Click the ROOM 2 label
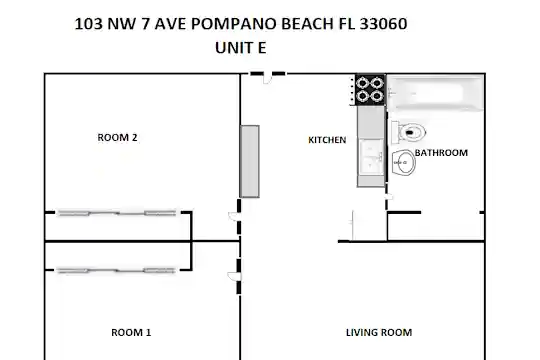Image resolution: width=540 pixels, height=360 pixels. click(x=117, y=137)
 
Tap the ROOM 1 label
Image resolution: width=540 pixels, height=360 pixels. click(x=131, y=332)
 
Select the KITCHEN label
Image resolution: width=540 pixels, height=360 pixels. click(x=327, y=140)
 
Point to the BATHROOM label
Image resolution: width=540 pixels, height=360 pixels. click(x=441, y=153)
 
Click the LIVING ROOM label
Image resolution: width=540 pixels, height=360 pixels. click(x=379, y=332)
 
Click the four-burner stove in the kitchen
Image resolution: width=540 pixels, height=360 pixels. click(x=370, y=90)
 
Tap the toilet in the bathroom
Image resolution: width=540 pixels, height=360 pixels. click(x=409, y=132)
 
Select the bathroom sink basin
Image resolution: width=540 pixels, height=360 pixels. click(x=404, y=163)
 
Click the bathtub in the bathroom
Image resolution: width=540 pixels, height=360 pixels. click(x=435, y=93)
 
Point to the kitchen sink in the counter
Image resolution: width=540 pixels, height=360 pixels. click(x=372, y=157)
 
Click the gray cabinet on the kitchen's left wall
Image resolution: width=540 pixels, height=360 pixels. click(x=250, y=162)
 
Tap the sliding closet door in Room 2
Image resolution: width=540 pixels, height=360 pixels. click(x=117, y=213)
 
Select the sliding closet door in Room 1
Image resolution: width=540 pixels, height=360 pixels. click(x=117, y=271)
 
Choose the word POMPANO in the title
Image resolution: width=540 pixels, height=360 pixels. click(x=234, y=24)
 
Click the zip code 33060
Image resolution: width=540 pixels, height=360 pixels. click(x=383, y=24)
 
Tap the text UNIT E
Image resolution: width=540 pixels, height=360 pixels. click(x=241, y=48)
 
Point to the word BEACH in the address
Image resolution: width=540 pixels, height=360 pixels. click(x=307, y=24)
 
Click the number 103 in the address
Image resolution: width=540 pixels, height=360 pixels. click(x=89, y=24)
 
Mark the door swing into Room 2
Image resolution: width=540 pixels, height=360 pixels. click(x=233, y=216)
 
